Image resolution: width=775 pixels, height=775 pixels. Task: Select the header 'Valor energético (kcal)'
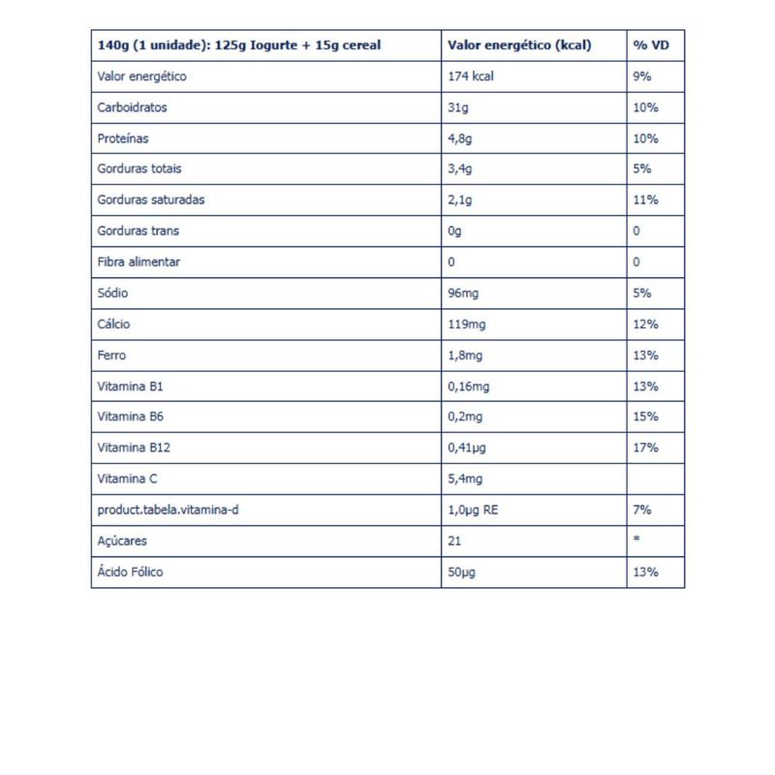(519, 45)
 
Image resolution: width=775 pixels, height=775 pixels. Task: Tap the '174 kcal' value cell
(471, 76)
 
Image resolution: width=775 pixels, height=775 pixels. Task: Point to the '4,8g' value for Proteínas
(460, 138)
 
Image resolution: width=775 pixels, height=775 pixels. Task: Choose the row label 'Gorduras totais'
(139, 169)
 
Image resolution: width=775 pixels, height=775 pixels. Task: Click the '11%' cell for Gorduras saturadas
(645, 200)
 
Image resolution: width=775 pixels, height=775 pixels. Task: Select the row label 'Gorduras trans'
(139, 231)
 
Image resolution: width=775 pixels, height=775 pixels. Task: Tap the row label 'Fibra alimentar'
(139, 262)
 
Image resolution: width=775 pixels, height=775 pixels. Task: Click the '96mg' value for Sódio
(465, 293)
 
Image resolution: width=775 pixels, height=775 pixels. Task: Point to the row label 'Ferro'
(112, 355)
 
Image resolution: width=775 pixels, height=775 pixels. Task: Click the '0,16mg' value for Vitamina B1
(469, 386)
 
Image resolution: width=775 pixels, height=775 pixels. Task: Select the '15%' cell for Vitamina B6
(645, 417)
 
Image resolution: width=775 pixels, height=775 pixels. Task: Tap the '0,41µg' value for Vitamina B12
(468, 448)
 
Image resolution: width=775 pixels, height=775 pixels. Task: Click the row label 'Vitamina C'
(127, 479)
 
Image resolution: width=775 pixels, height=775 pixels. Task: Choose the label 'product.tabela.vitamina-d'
(169, 510)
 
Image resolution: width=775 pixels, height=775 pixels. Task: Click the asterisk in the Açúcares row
(636, 539)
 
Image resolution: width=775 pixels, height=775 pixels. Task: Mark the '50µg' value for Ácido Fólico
(461, 572)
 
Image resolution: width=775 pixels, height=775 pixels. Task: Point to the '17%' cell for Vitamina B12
(645, 448)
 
